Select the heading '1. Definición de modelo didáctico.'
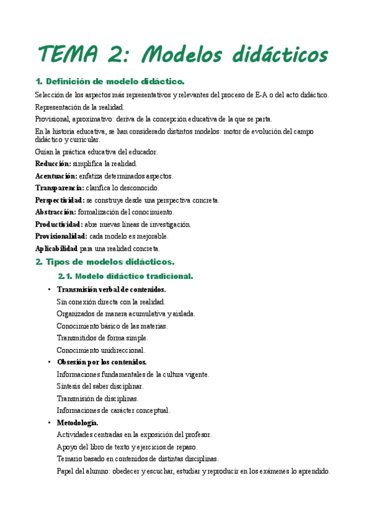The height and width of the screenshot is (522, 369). (x=110, y=81)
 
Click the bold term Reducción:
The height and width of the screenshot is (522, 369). (x=53, y=164)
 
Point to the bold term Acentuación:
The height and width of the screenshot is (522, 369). (x=57, y=176)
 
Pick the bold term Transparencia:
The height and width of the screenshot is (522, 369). (x=58, y=188)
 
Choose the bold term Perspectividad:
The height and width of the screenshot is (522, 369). (x=60, y=200)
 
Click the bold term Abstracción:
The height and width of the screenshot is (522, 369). (x=55, y=212)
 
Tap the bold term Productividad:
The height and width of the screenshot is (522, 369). (x=59, y=225)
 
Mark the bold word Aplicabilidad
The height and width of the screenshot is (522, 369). (x=56, y=249)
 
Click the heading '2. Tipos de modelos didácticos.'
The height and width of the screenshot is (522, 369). (x=105, y=262)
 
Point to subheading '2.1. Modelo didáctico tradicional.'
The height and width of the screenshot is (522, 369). (x=126, y=276)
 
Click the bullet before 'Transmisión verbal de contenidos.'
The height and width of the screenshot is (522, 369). (x=49, y=289)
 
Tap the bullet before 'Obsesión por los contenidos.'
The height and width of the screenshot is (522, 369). (x=49, y=362)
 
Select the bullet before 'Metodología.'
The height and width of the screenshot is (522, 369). (x=49, y=423)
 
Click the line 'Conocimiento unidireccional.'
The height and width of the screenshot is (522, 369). (x=100, y=350)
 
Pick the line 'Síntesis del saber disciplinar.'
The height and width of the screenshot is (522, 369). (x=100, y=386)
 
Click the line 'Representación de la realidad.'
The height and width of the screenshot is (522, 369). (x=80, y=106)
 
